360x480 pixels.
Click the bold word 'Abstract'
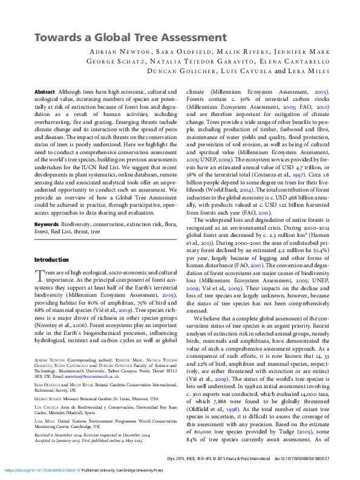point(45,91)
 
